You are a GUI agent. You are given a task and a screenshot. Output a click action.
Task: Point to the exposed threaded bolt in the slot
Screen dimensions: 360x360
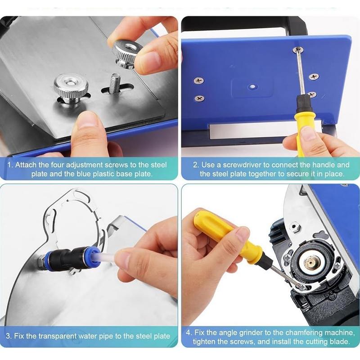(115, 83)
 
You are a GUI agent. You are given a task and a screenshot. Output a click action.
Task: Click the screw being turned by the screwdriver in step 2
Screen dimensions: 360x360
(297, 50)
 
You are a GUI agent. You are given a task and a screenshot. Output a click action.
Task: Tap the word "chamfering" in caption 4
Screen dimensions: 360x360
(297, 333)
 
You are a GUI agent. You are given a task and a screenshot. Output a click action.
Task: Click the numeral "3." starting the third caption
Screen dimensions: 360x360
(9, 336)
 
